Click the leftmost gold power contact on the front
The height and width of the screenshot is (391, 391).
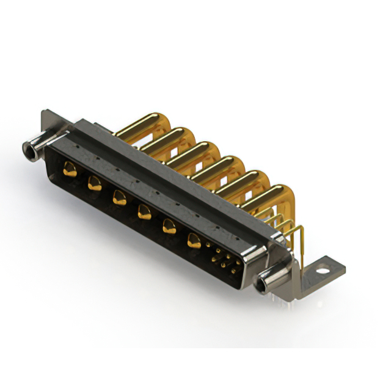tap(70, 170)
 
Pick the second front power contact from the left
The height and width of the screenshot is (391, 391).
tap(94, 182)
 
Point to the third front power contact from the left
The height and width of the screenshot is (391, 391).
tap(118, 197)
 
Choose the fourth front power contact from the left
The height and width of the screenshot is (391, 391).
tap(144, 212)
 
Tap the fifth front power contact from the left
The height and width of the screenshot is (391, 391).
tap(168, 227)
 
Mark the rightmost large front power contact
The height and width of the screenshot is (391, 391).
tap(194, 242)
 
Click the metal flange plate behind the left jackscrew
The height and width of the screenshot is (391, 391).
tap(49, 122)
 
